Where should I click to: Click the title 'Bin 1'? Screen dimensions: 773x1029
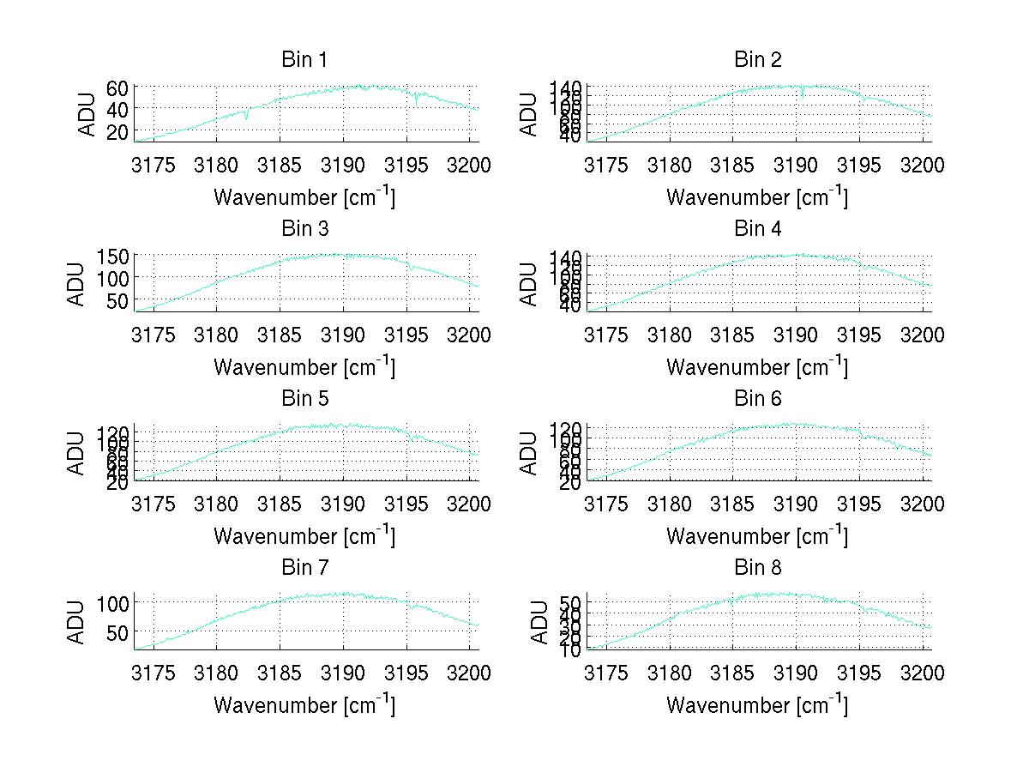304,60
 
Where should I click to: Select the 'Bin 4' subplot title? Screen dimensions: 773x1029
758,229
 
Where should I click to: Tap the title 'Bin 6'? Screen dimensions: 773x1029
758,399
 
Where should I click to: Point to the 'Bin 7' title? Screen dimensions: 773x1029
304,568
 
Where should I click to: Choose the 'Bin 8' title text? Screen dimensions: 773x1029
758,568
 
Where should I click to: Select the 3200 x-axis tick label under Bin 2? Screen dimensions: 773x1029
922,165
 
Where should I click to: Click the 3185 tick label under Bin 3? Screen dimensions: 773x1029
280,335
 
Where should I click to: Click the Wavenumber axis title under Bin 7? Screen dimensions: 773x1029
304,704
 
